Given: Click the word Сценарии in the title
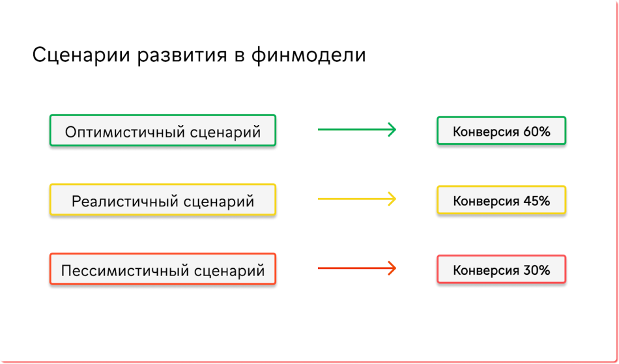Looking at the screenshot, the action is [x=81, y=55].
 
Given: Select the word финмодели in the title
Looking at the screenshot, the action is [x=309, y=55].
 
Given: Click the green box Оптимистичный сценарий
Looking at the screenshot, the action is [x=163, y=130].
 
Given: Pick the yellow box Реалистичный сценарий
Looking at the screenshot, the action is [x=163, y=199].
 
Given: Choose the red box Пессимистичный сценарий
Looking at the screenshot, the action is [x=163, y=269].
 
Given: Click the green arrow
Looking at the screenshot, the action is [x=357, y=130].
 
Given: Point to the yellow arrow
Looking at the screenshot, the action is [x=357, y=199].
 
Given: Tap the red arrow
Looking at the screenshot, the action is [x=357, y=268].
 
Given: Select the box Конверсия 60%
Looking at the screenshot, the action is [x=501, y=130].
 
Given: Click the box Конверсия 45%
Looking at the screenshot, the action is [x=501, y=200].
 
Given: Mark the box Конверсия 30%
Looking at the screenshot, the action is [x=501, y=270].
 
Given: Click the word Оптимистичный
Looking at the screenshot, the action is [x=125, y=132].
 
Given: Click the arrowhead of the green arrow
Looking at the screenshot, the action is [x=392, y=130].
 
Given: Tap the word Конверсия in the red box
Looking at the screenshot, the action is [x=486, y=270].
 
